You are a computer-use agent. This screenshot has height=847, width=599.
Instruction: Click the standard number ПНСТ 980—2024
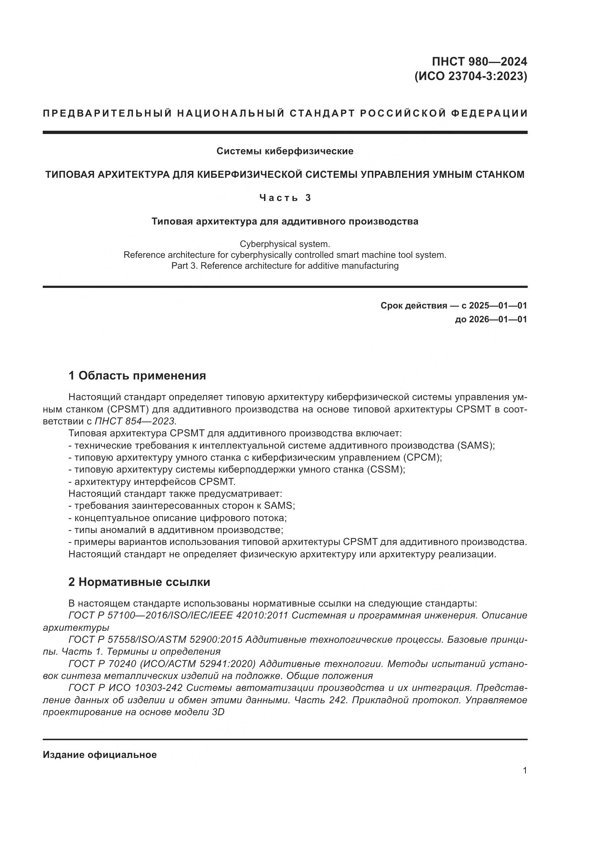[479, 62]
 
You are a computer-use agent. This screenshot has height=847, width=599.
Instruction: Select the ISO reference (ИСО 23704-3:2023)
[471, 76]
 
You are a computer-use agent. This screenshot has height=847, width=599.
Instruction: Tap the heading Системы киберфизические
[285, 151]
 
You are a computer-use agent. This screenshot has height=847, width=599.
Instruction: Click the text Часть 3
[285, 198]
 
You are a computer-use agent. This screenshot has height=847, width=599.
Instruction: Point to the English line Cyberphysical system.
[285, 244]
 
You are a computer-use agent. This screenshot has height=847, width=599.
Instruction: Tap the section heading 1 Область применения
[137, 376]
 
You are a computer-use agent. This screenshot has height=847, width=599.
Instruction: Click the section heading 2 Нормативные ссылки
[139, 582]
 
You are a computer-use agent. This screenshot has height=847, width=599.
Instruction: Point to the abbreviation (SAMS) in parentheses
[476, 445]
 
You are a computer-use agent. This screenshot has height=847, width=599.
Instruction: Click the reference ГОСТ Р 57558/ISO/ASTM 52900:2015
[155, 640]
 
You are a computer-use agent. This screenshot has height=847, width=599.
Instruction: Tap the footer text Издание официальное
[100, 755]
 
